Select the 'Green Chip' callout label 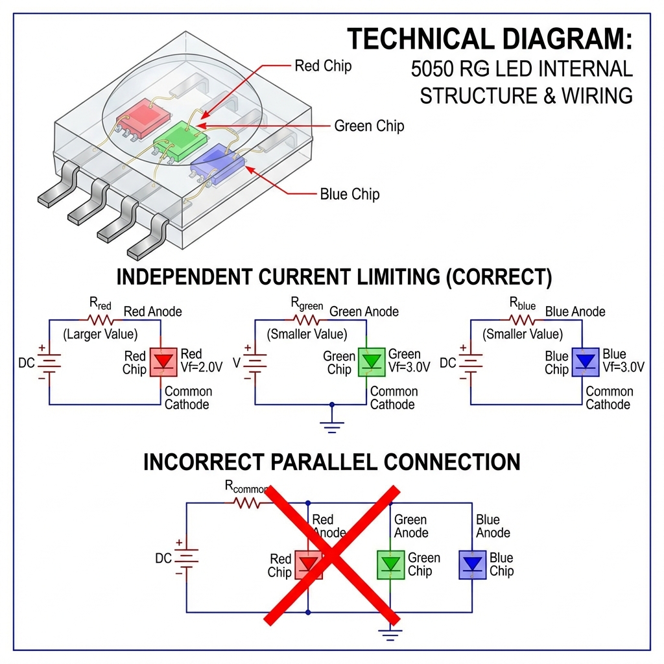click(x=369, y=126)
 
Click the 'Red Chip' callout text click(x=323, y=66)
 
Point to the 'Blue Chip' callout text click(x=350, y=194)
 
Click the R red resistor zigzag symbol click(x=101, y=319)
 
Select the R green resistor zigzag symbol click(x=307, y=319)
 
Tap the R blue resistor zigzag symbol click(x=523, y=319)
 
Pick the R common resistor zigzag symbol click(x=246, y=503)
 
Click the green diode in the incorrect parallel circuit click(x=390, y=563)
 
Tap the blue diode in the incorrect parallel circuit click(x=473, y=563)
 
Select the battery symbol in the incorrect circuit click(x=187, y=558)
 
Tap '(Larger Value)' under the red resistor click(x=100, y=335)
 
